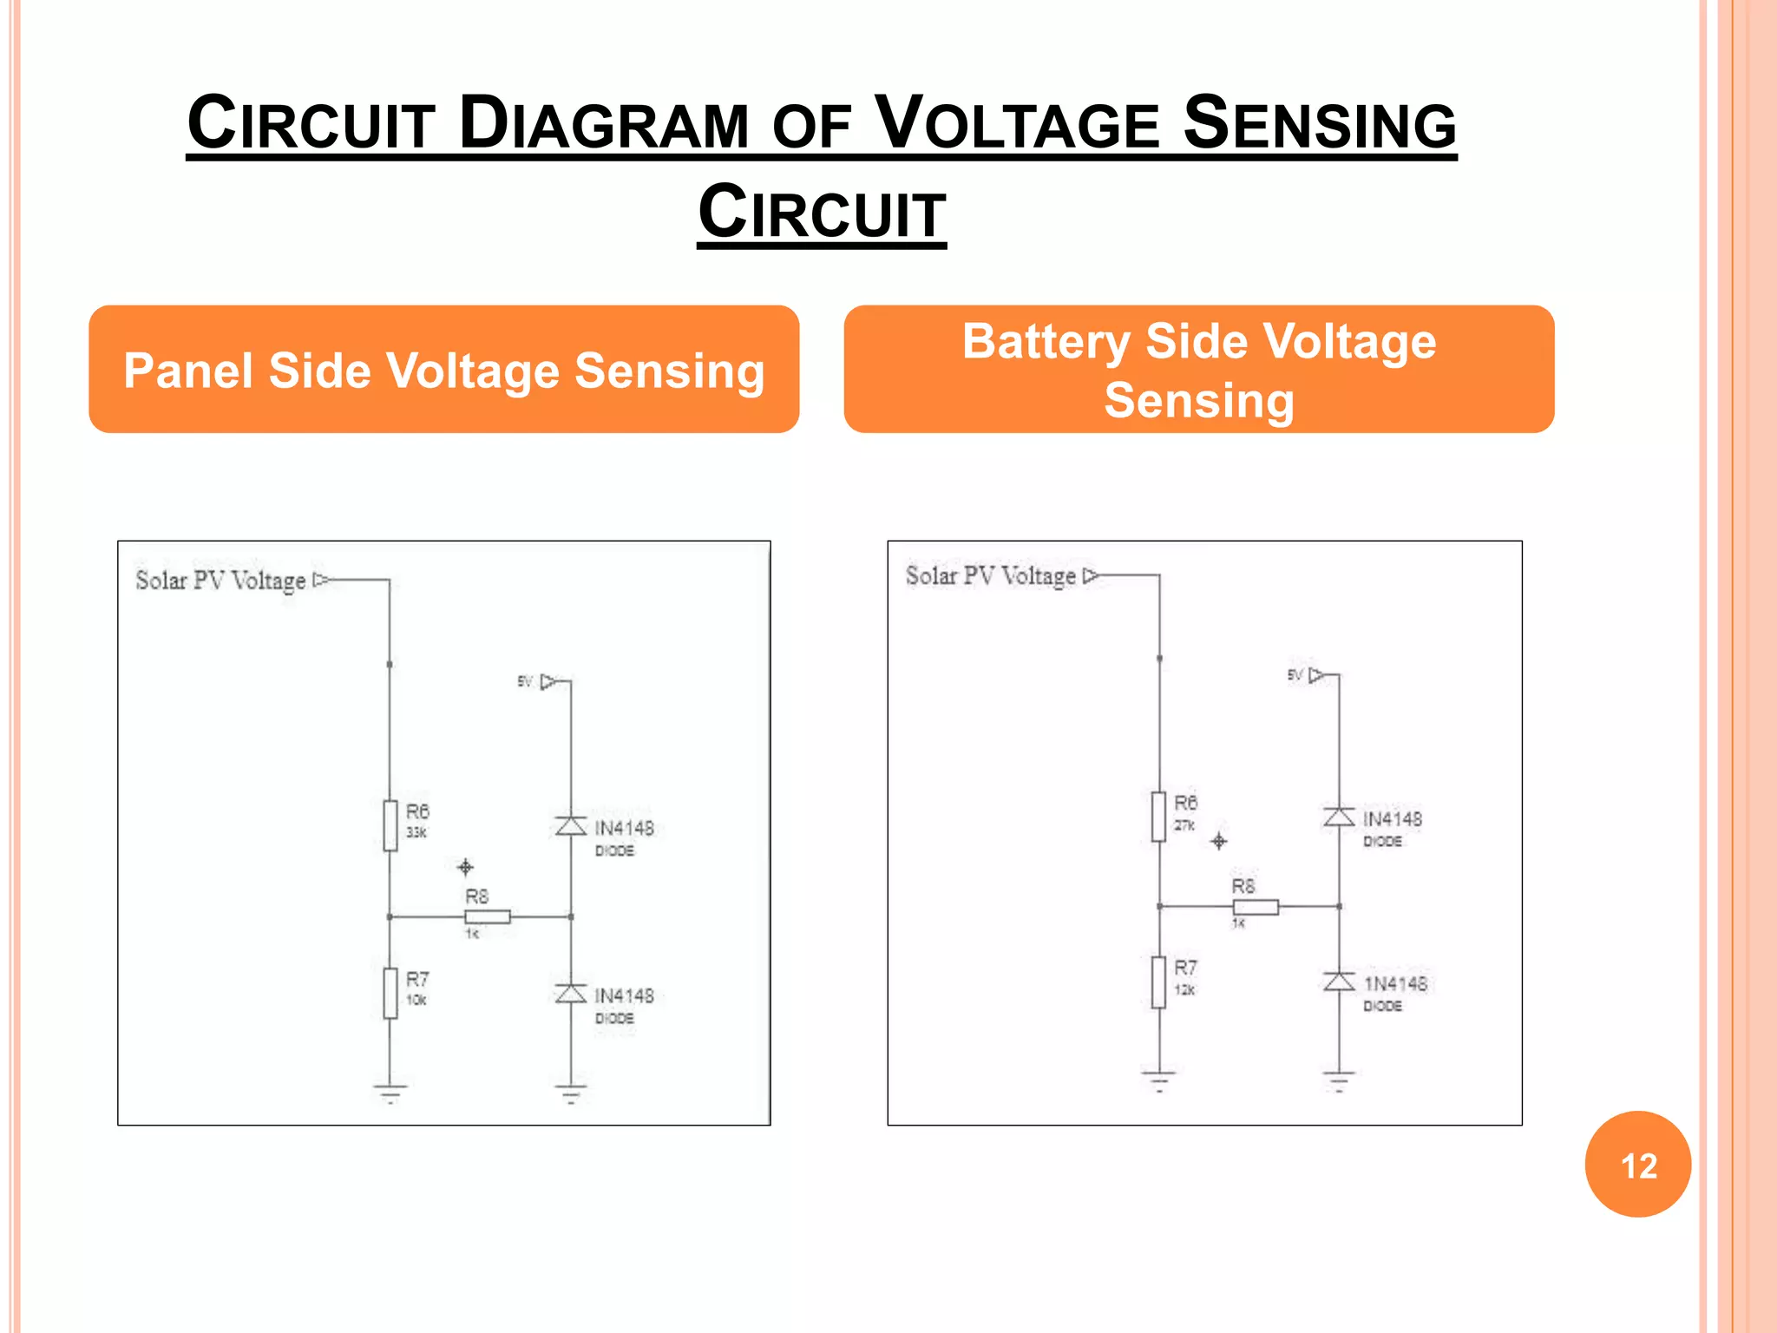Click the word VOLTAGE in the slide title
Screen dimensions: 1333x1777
click(1017, 124)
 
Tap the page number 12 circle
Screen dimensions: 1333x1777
click(1637, 1164)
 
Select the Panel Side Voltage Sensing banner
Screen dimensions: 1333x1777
click(443, 370)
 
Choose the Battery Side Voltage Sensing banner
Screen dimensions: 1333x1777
click(1198, 370)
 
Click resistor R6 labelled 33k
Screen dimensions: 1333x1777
click(390, 825)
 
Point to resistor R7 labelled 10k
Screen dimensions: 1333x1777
click(390, 993)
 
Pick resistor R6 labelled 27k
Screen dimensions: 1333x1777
click(1159, 817)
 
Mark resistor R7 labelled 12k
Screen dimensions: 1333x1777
click(1159, 982)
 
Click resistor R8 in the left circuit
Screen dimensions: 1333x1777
click(488, 916)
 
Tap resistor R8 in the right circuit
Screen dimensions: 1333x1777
click(1256, 907)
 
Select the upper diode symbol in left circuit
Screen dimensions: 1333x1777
click(571, 825)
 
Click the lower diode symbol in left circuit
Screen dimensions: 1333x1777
click(571, 993)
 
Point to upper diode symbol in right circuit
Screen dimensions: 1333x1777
click(1339, 817)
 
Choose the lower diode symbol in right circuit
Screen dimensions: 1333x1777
click(1339, 982)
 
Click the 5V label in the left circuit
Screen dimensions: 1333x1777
click(525, 682)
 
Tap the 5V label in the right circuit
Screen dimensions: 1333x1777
click(1295, 675)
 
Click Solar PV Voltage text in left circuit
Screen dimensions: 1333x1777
click(220, 581)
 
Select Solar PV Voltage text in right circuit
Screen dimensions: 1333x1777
click(990, 575)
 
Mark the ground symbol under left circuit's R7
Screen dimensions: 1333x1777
click(390, 1091)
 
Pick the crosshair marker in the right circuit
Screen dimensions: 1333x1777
click(1219, 841)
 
